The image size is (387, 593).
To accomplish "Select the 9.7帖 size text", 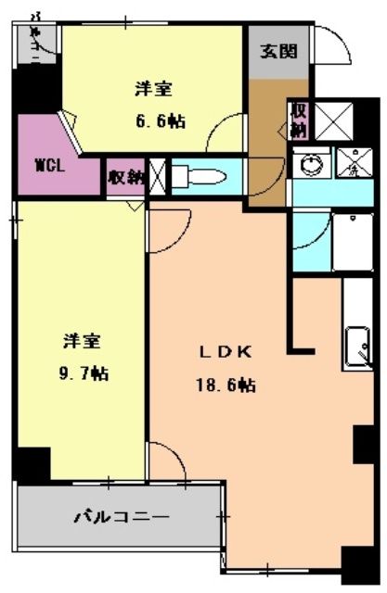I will (82, 373).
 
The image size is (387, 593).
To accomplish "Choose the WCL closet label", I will (48, 168).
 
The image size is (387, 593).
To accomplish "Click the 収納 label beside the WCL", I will (125, 176).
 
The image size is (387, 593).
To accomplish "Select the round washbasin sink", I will (308, 163).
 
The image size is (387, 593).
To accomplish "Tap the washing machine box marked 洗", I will (352, 163).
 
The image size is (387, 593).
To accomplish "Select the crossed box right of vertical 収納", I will (334, 120).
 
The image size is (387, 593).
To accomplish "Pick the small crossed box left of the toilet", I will (158, 175).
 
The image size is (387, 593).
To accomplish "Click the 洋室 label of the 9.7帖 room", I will (82, 341).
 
